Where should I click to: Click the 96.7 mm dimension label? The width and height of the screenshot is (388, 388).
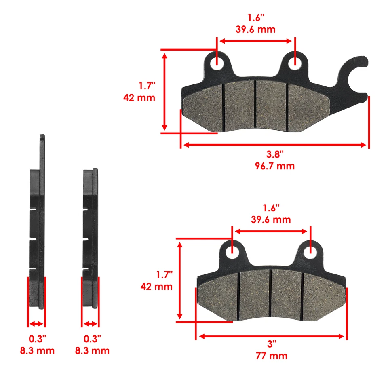274,166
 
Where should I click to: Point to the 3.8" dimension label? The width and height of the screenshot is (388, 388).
274,154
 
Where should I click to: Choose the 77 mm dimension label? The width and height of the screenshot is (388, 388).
271,356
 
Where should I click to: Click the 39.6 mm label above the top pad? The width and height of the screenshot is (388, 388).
255,29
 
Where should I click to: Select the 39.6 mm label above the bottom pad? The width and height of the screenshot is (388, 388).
271,219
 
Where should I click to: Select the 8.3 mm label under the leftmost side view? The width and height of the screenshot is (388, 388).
37,350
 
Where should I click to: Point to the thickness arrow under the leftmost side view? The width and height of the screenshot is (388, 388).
37,324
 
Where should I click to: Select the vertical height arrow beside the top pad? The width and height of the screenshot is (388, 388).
164,91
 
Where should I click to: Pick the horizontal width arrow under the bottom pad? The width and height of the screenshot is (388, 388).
271,337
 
